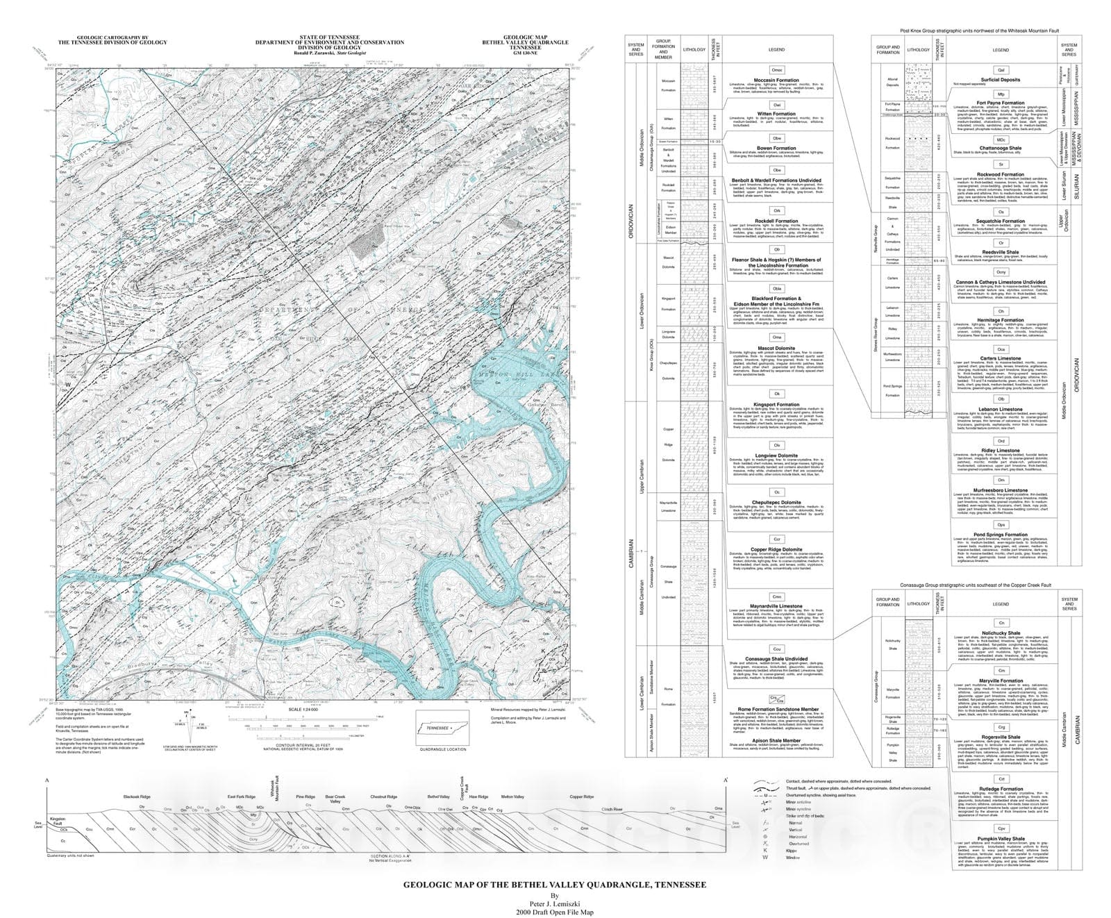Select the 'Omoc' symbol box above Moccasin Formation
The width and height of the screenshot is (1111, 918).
[777, 70]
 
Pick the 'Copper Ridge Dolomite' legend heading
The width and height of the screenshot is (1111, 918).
[777, 549]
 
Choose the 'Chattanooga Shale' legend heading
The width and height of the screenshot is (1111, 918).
[1000, 148]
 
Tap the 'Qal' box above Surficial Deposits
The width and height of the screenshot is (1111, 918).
[1001, 70]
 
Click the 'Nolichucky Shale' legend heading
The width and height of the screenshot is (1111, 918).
[1001, 633]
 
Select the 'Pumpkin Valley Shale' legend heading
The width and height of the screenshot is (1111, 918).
[1001, 838]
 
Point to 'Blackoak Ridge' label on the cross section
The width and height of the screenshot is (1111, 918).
[137, 796]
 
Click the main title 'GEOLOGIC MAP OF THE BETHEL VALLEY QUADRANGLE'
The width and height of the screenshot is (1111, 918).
[555, 885]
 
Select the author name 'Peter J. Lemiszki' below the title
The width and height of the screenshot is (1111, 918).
[555, 903]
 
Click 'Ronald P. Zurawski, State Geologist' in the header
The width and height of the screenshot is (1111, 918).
[329, 53]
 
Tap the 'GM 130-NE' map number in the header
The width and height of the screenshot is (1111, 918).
[525, 53]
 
